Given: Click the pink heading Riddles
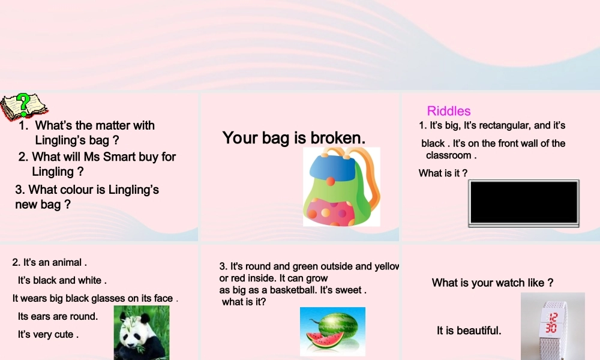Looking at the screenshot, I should (x=449, y=111).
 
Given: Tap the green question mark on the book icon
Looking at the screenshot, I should (x=23, y=103).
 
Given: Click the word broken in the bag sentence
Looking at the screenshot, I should (x=338, y=138).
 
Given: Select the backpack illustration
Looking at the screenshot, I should (x=341, y=187).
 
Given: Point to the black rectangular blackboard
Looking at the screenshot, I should (x=524, y=203).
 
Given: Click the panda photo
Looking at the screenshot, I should (x=142, y=333).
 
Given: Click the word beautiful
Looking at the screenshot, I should (x=478, y=331).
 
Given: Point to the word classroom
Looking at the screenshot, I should (x=449, y=155).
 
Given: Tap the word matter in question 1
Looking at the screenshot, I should (x=104, y=125).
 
